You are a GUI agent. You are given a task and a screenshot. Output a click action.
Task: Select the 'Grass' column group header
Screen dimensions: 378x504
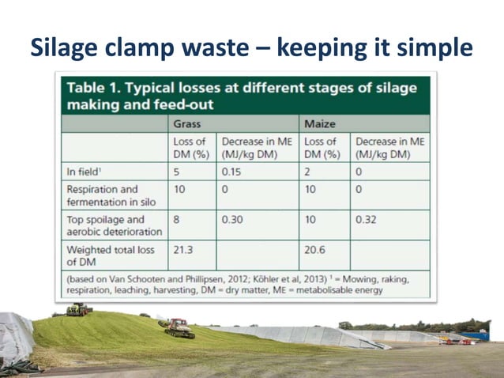pyautogui.click(x=186, y=124)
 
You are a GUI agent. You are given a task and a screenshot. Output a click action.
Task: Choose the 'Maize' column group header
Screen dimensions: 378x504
pyautogui.click(x=318, y=124)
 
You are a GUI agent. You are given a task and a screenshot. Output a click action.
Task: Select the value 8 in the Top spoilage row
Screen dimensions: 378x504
pyautogui.click(x=178, y=220)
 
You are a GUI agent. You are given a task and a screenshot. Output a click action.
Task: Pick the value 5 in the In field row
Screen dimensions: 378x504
pyautogui.click(x=178, y=172)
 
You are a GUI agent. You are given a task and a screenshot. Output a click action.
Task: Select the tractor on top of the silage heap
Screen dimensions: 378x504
pyautogui.click(x=77, y=309)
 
